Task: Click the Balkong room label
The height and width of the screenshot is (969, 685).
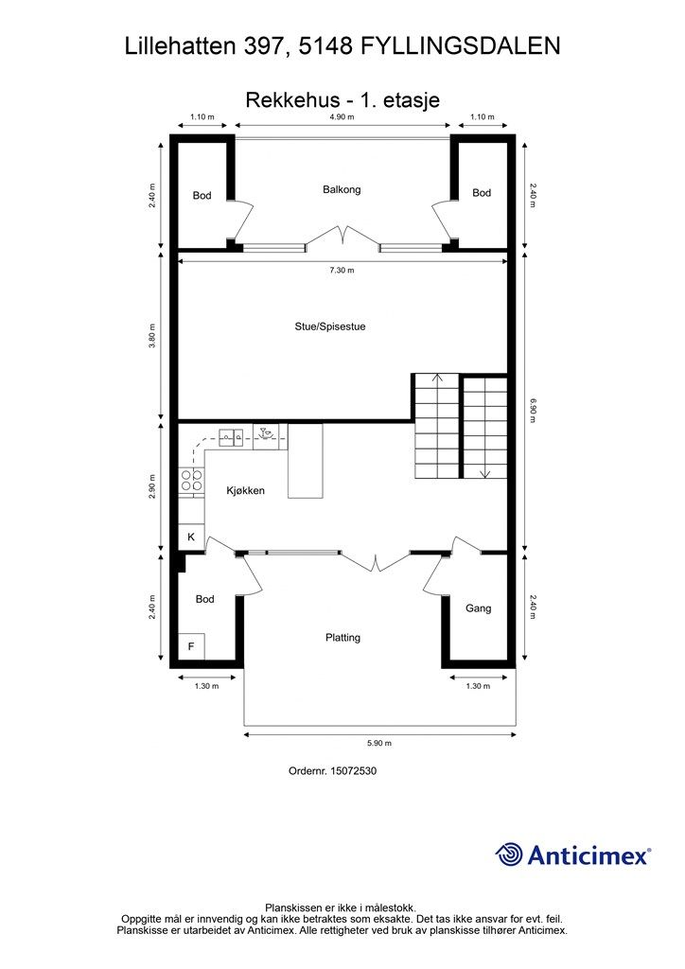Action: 342,189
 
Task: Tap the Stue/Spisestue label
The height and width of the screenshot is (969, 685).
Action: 329,326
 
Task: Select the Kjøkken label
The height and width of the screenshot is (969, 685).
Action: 244,491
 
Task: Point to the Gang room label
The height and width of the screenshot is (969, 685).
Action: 479,608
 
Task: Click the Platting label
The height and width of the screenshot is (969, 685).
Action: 342,638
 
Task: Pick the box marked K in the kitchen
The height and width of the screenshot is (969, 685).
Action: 191,537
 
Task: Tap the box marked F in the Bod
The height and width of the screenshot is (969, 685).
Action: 191,647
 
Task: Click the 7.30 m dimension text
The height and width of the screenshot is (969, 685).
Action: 342,271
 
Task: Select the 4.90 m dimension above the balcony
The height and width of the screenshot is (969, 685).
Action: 342,117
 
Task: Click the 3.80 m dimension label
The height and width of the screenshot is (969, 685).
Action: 152,336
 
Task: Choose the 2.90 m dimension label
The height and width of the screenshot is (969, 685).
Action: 152,484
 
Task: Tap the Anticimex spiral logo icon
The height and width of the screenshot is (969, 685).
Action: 510,854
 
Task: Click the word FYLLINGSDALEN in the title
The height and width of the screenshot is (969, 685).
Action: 460,45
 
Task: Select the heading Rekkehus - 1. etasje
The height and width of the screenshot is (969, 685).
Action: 342,98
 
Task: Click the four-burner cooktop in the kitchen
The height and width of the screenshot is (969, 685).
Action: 191,482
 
